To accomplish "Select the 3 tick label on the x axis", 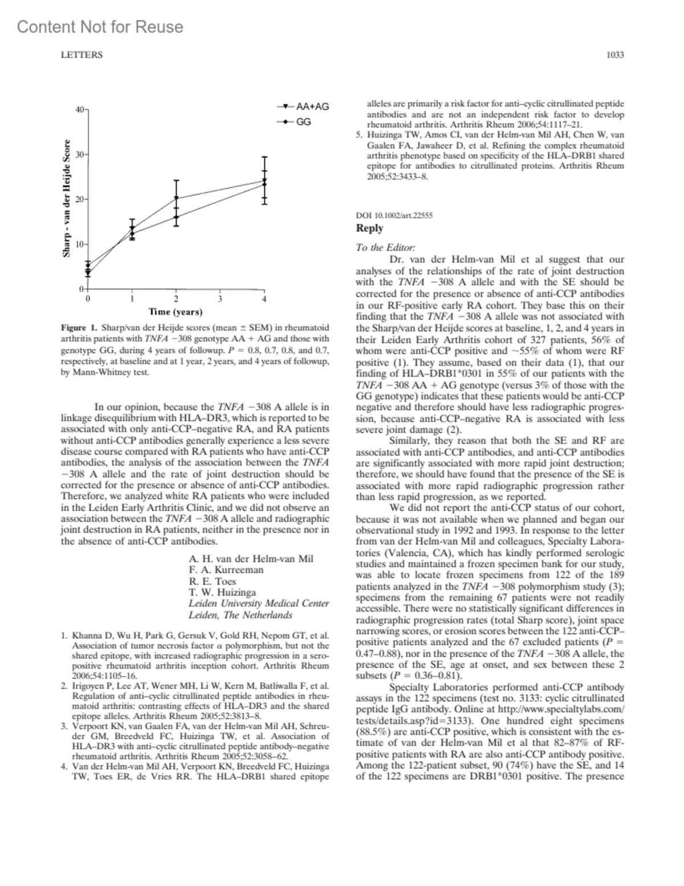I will click(x=220, y=299).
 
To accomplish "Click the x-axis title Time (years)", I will click(x=176, y=312).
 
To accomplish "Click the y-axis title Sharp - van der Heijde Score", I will click(x=67, y=198).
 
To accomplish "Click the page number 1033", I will click(x=615, y=55).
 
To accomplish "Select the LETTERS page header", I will click(x=82, y=55).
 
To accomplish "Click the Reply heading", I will click(x=369, y=228).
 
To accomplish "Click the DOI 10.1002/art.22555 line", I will click(x=394, y=215).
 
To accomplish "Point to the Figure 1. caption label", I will click(x=79, y=328).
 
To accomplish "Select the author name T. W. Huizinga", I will click(x=222, y=592).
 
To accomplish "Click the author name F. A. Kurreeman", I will click(x=226, y=570).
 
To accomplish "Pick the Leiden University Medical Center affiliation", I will click(x=259, y=604).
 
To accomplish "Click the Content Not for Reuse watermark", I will click(x=100, y=27).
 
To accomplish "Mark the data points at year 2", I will click(x=176, y=208).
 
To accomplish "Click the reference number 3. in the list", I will click(x=64, y=726).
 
